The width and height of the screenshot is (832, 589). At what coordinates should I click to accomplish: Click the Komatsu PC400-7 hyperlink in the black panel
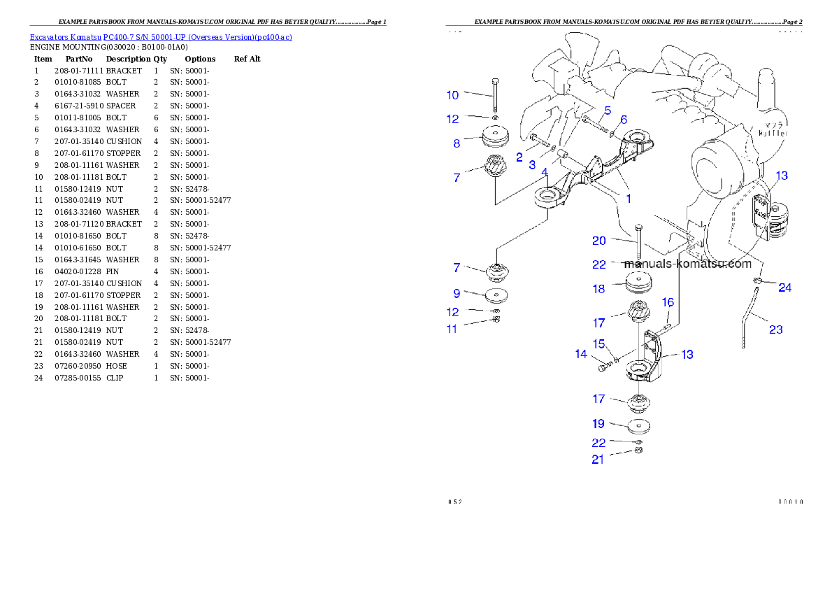pyautogui.click(x=161, y=37)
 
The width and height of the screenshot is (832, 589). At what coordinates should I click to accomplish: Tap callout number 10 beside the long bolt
pyautogui.click(x=453, y=94)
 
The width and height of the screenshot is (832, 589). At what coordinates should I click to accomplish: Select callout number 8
pyautogui.click(x=457, y=143)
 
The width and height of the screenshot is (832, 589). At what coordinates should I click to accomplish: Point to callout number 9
pyautogui.click(x=457, y=294)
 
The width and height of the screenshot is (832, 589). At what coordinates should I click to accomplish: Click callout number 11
pyautogui.click(x=452, y=329)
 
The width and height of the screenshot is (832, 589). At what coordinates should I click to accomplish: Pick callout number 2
pyautogui.click(x=519, y=157)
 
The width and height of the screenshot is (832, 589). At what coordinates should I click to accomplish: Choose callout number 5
pyautogui.click(x=608, y=111)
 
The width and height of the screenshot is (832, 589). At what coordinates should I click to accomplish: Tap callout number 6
pyautogui.click(x=624, y=119)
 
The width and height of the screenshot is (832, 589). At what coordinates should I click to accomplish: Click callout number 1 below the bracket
pyautogui.click(x=629, y=199)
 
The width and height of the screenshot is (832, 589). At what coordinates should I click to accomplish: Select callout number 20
pyautogui.click(x=599, y=241)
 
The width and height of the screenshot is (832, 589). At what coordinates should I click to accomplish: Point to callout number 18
pyautogui.click(x=599, y=289)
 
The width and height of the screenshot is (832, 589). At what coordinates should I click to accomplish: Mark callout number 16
pyautogui.click(x=668, y=302)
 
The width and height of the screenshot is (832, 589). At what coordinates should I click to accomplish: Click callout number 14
pyautogui.click(x=582, y=355)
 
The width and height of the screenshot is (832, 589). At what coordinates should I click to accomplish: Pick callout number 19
pyautogui.click(x=599, y=424)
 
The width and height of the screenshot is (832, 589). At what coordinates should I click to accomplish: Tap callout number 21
pyautogui.click(x=598, y=460)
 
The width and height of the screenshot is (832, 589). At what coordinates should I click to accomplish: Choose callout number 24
pyautogui.click(x=785, y=288)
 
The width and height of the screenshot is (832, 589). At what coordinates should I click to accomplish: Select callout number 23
pyautogui.click(x=776, y=329)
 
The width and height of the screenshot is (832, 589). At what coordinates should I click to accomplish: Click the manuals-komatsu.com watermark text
pyautogui.click(x=687, y=264)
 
